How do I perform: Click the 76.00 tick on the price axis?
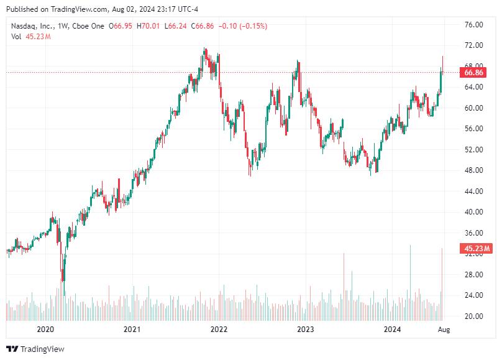click(x=473, y=25)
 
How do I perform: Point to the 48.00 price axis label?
click(x=473, y=170)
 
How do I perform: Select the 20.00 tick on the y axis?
click(x=473, y=316)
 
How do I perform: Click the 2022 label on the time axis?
click(x=218, y=329)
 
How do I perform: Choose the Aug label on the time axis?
click(x=443, y=329)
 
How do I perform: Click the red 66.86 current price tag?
click(x=474, y=73)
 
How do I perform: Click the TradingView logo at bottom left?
click(x=35, y=349)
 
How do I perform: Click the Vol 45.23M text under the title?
click(x=30, y=37)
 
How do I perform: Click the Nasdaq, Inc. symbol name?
click(x=33, y=26)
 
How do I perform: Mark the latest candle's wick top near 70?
click(x=442, y=57)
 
